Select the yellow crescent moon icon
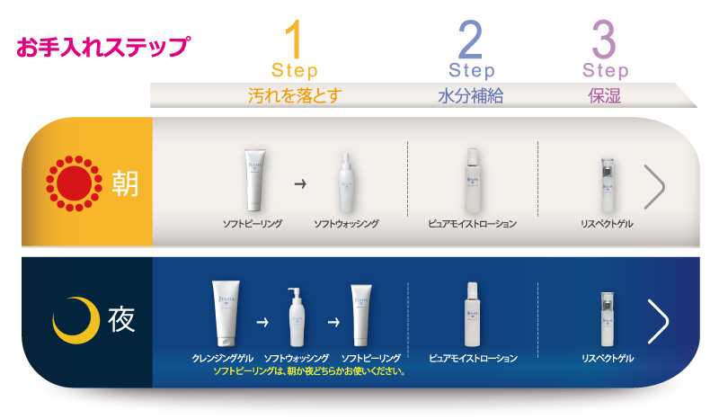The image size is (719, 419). click(74, 321)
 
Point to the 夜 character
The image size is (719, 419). click(122, 321)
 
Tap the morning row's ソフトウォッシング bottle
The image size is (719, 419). click(346, 183)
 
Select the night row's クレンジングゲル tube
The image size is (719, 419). click(224, 312)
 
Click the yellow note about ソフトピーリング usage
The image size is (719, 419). click(310, 370)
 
